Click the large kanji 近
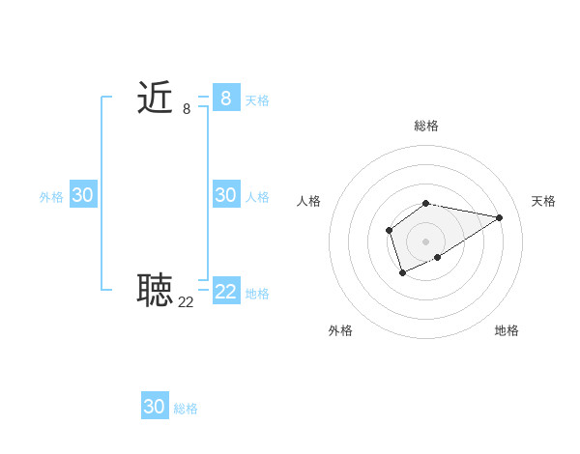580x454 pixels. pos(155,98)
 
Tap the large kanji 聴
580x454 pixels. pos(155,289)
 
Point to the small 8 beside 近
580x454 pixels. pos(187,110)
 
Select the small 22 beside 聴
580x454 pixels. pos(187,302)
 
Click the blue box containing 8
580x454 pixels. pos(226,98)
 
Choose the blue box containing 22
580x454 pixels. pos(226,291)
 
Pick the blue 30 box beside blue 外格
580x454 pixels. pos(82,195)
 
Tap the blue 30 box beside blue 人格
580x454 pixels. pos(226,195)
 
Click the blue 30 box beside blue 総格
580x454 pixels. pos(155,407)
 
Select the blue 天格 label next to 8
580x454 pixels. pos(257,100)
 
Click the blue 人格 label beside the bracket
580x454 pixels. pos(257,197)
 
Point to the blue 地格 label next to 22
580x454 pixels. pos(257,294)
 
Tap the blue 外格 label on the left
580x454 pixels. pos(51,197)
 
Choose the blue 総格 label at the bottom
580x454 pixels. pos(186,409)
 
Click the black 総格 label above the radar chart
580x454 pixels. pos(426,127)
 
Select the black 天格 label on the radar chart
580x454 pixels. pos(543,201)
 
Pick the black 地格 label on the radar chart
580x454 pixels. pos(507,330)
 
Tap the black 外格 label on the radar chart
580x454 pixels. pos(340,330)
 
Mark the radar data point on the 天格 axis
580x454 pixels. pos(500,216)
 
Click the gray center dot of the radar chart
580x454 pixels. pos(426,241)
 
